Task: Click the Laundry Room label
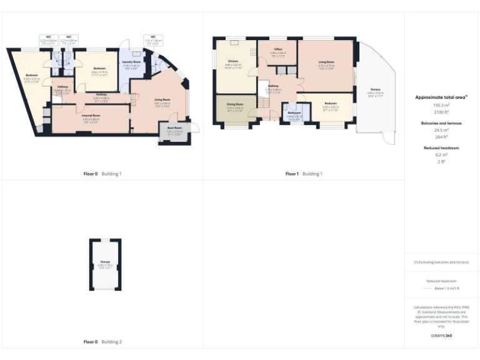click(131, 62)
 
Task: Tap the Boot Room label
click(174, 127)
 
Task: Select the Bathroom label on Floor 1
click(294, 112)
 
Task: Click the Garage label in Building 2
click(105, 262)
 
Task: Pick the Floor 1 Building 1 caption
click(304, 173)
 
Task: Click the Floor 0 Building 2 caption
click(102, 342)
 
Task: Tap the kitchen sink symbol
click(234, 43)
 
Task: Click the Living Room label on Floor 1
click(326, 62)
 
